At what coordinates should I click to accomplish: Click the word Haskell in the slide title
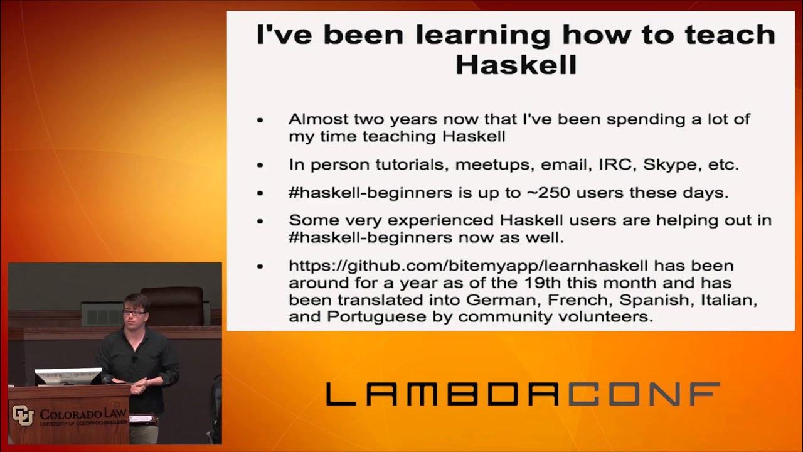[516, 64]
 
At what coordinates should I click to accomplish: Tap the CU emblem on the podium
[22, 415]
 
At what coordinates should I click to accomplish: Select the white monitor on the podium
[68, 376]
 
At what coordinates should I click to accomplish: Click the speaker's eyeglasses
[135, 311]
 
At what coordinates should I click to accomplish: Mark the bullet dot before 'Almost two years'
[260, 120]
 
